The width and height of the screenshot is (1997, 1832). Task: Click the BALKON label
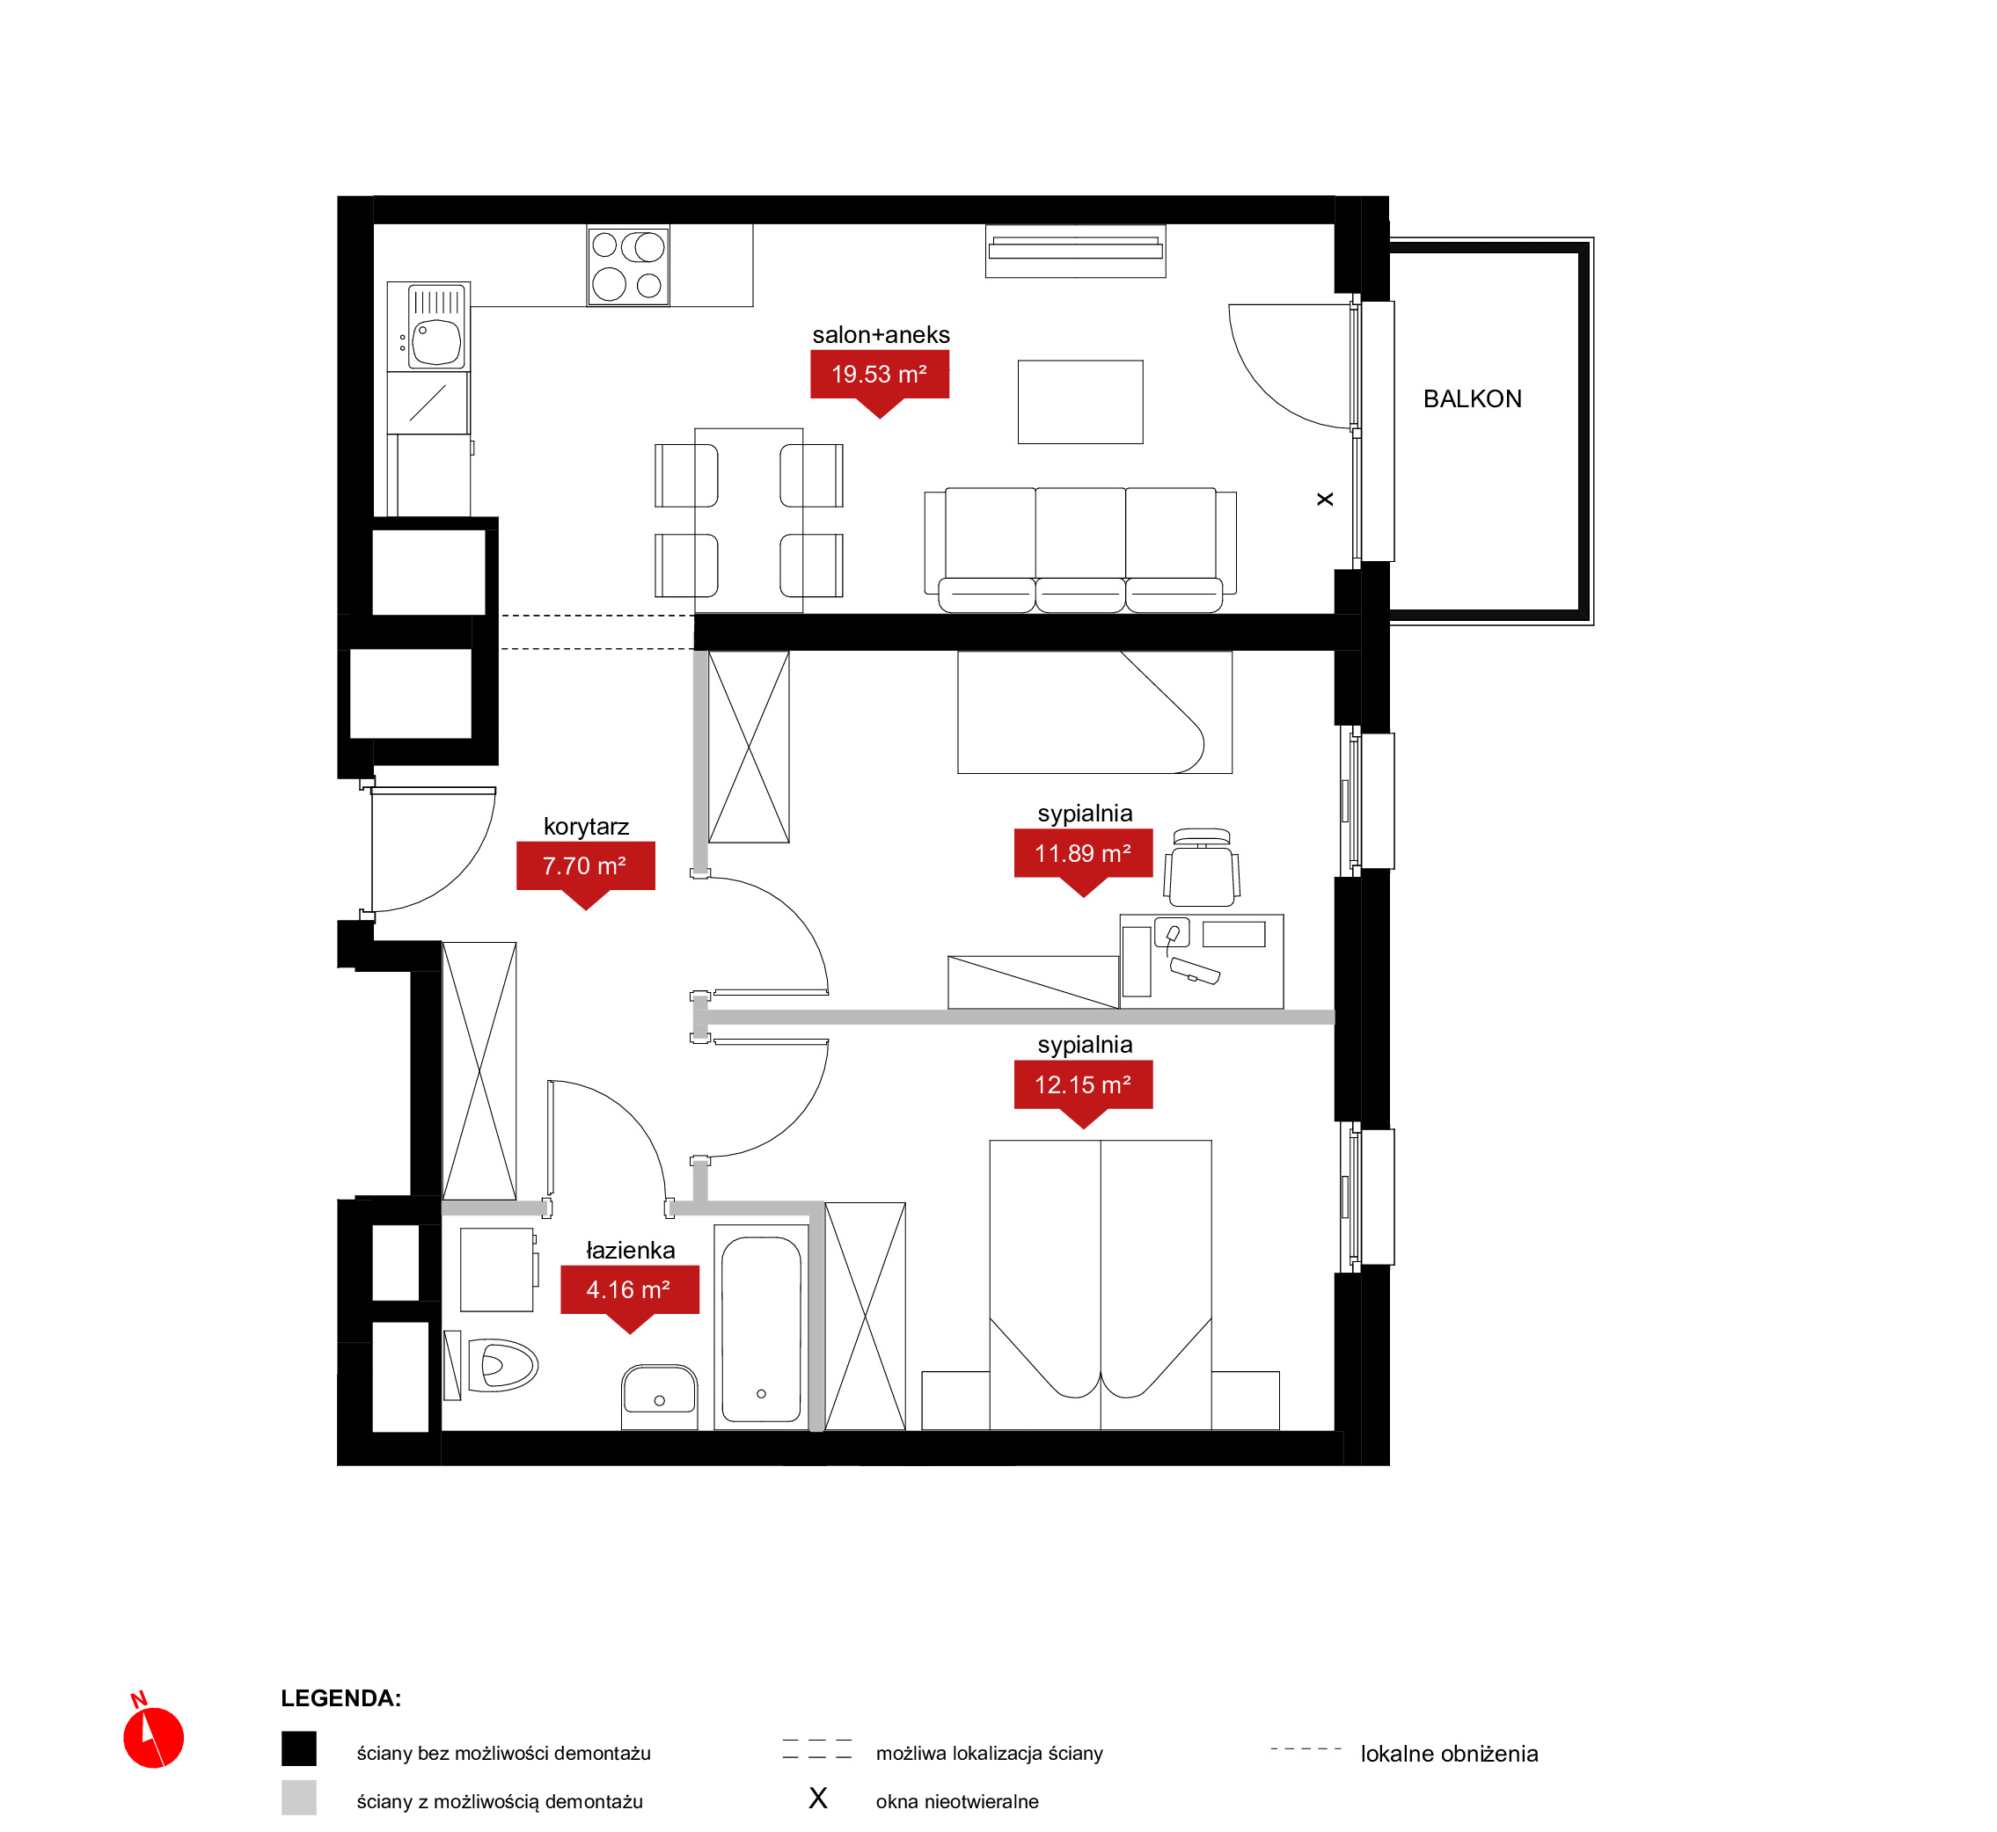tap(1472, 398)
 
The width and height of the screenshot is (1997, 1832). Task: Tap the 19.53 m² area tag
tap(880, 376)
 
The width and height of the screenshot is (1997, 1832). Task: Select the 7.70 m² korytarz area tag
tap(586, 867)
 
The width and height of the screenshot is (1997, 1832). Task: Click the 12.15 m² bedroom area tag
tap(1083, 1085)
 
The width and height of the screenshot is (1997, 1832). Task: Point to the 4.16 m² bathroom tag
tap(630, 1291)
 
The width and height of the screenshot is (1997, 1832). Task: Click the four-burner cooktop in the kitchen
tap(627, 266)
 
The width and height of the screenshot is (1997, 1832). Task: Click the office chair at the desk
tap(1202, 867)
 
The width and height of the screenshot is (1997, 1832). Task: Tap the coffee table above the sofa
tap(1079, 402)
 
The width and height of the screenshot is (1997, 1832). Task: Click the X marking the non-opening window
tap(1325, 500)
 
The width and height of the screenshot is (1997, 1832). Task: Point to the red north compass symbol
tap(153, 1737)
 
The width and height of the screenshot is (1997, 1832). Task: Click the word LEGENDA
tap(340, 1698)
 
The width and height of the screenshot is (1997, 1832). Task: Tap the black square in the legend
tap(298, 1748)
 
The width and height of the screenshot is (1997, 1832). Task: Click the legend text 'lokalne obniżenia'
tap(1449, 1754)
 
